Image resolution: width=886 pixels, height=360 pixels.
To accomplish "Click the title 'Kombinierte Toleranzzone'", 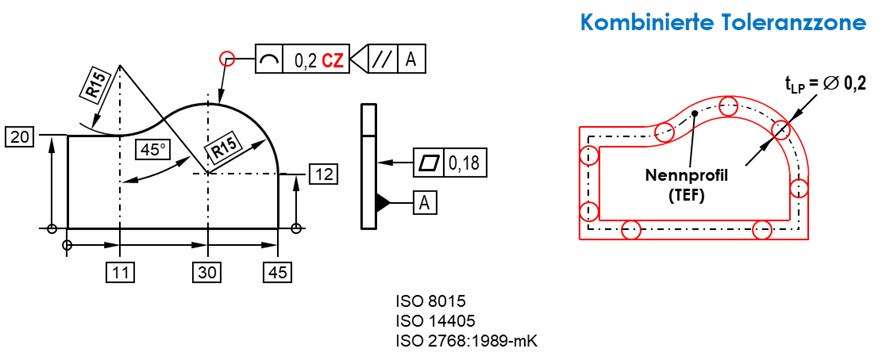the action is (x=723, y=22).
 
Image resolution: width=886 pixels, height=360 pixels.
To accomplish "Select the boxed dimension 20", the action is (x=20, y=137).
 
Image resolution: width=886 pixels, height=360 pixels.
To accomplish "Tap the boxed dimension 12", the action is (x=323, y=175).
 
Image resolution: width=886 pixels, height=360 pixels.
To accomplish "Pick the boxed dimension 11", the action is (x=120, y=272).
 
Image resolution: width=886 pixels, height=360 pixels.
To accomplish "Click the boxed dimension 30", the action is (x=209, y=272).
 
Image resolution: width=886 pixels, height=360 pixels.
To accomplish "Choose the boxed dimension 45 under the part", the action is (x=278, y=272).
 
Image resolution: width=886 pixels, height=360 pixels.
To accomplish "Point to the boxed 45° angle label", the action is (x=153, y=150).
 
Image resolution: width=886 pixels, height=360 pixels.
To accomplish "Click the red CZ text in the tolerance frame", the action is (x=333, y=60).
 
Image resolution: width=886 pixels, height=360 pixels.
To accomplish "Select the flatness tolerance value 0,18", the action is (x=463, y=163).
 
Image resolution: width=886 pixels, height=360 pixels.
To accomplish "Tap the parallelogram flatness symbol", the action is (x=428, y=163).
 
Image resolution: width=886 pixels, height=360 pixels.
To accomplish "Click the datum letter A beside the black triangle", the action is (x=424, y=202).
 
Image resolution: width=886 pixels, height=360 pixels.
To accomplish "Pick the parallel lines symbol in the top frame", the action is (x=384, y=59).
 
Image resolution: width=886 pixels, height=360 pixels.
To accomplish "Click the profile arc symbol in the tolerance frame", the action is (x=269, y=59).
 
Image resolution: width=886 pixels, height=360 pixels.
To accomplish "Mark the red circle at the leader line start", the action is (x=227, y=58).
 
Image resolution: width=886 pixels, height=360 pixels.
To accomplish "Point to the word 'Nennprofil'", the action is (x=687, y=175).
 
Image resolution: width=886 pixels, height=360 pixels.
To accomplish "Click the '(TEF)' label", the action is (x=687, y=196).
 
